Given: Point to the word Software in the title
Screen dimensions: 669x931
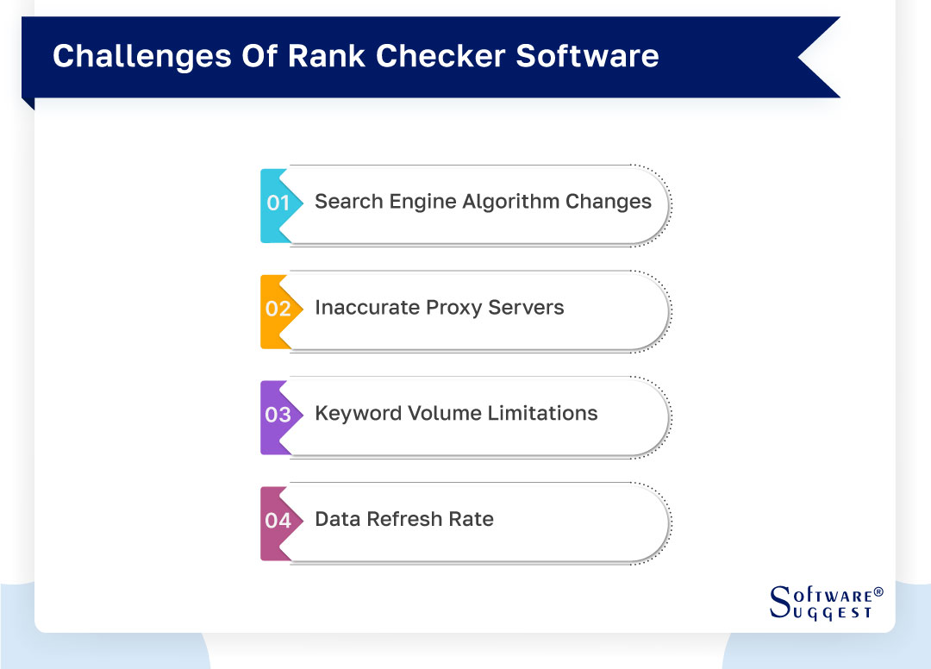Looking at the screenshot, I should pos(588,56).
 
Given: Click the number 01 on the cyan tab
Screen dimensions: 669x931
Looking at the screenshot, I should pos(278,203).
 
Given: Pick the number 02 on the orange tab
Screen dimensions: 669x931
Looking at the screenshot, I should pos(278,309).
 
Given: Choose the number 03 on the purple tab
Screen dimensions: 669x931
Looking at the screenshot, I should pos(278,416).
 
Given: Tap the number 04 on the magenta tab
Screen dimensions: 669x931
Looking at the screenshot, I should pos(278,522).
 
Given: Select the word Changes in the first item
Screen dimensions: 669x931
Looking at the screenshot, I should pos(609,202).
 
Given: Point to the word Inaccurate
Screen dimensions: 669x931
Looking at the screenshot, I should pos(363,308).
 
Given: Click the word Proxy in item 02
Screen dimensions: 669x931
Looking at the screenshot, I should pos(445,308).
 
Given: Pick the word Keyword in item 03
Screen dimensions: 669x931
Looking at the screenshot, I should pos(353,414).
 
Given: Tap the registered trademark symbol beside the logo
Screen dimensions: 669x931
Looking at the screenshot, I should pos(878,592).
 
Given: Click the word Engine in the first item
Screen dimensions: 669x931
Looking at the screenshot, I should pos(426,202).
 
